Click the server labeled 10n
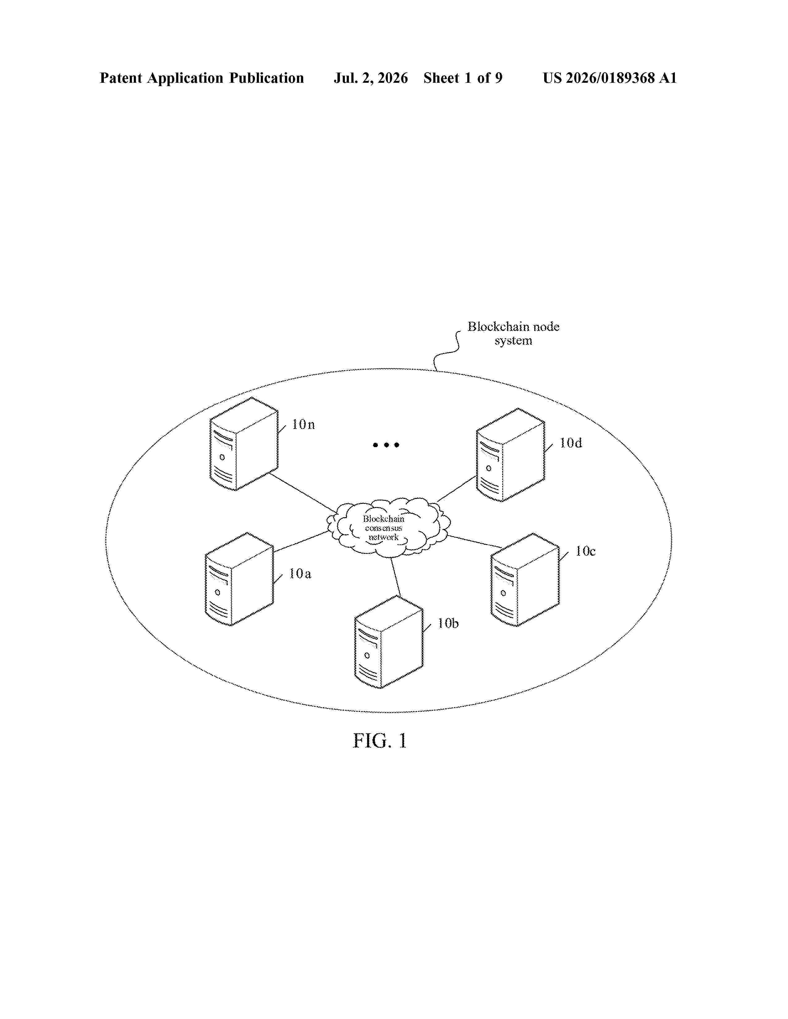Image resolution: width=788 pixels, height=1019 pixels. pyautogui.click(x=244, y=444)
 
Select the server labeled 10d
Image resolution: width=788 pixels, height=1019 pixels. pyautogui.click(x=510, y=455)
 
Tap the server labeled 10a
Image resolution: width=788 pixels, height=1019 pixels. pyautogui.click(x=239, y=579)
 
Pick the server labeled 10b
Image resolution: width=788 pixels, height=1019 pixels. pyautogui.click(x=388, y=642)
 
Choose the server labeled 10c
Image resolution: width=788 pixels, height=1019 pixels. pyautogui.click(x=525, y=580)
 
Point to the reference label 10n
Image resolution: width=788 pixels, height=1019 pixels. pyautogui.click(x=303, y=425)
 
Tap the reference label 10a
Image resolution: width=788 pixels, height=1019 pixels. pyautogui.click(x=300, y=574)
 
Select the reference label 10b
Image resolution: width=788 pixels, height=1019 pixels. pyautogui.click(x=448, y=623)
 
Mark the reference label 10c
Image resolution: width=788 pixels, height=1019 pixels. pyautogui.click(x=585, y=551)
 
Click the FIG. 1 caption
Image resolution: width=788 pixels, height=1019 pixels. pyautogui.click(x=379, y=740)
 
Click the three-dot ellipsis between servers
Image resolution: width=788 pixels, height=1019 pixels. pyautogui.click(x=386, y=445)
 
